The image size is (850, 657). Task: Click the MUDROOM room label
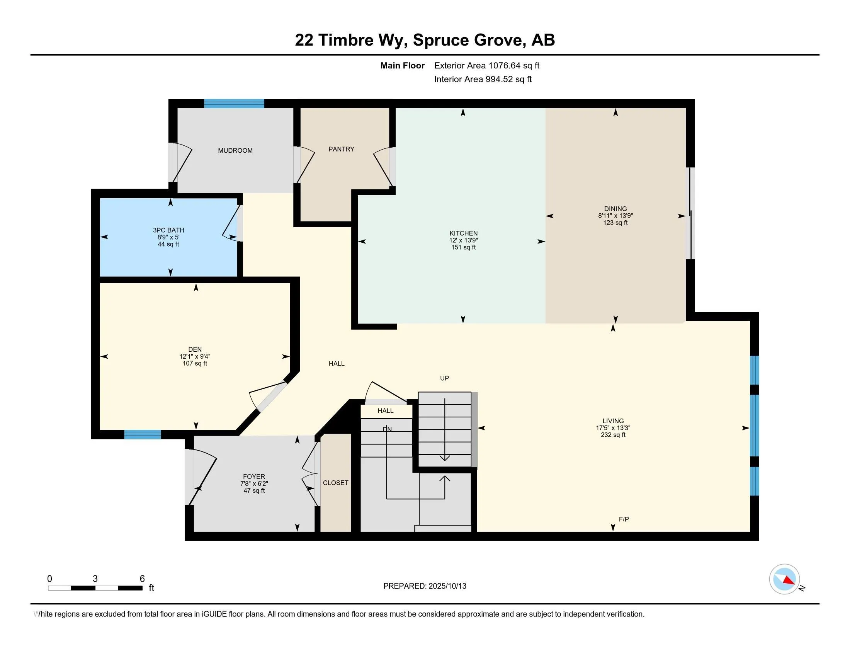click(235, 151)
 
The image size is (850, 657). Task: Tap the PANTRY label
click(341, 149)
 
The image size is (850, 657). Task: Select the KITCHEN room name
click(464, 233)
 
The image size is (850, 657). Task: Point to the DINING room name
click(615, 209)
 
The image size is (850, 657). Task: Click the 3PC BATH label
click(168, 230)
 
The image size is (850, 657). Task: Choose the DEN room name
click(195, 349)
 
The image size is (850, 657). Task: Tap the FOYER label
click(254, 477)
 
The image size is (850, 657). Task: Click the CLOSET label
click(335, 483)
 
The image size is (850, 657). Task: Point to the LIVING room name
click(613, 421)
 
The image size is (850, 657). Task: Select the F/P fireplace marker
click(624, 519)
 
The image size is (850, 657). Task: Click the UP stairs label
click(444, 378)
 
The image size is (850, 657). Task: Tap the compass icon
click(785, 579)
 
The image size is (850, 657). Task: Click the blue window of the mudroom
click(234, 104)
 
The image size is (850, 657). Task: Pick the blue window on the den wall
click(143, 434)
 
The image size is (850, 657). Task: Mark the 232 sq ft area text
click(613, 435)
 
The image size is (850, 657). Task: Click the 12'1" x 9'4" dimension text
click(195, 357)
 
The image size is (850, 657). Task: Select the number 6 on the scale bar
click(142, 579)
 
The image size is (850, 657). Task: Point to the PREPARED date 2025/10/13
click(447, 586)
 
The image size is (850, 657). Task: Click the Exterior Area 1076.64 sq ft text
click(487, 66)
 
